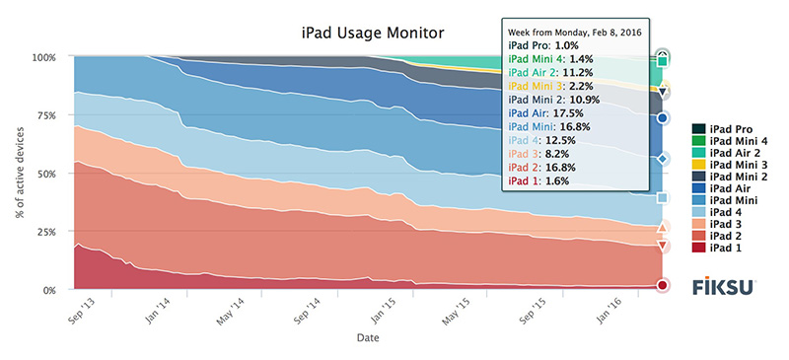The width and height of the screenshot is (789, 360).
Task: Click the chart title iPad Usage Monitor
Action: click(x=373, y=33)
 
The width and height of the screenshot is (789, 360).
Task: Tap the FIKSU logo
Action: click(x=723, y=286)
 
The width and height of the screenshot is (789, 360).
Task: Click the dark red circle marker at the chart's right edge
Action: click(x=663, y=285)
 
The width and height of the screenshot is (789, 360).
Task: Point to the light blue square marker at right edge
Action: click(x=663, y=197)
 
